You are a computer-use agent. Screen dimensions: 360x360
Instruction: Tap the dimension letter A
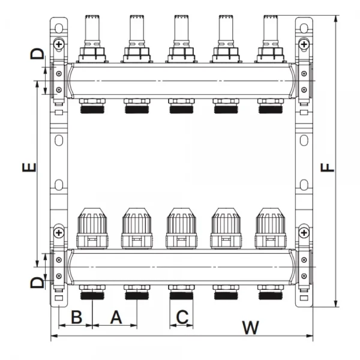coord(116,317)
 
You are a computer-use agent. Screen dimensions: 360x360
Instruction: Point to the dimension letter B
coord(76,317)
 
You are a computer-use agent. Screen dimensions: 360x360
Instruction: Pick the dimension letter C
coord(182,317)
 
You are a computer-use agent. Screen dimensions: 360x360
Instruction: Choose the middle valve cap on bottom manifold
coord(181,228)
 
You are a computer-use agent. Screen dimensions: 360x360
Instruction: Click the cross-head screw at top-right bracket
coord(305,44)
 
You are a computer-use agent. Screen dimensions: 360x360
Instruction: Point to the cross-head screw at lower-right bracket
coord(305,232)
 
